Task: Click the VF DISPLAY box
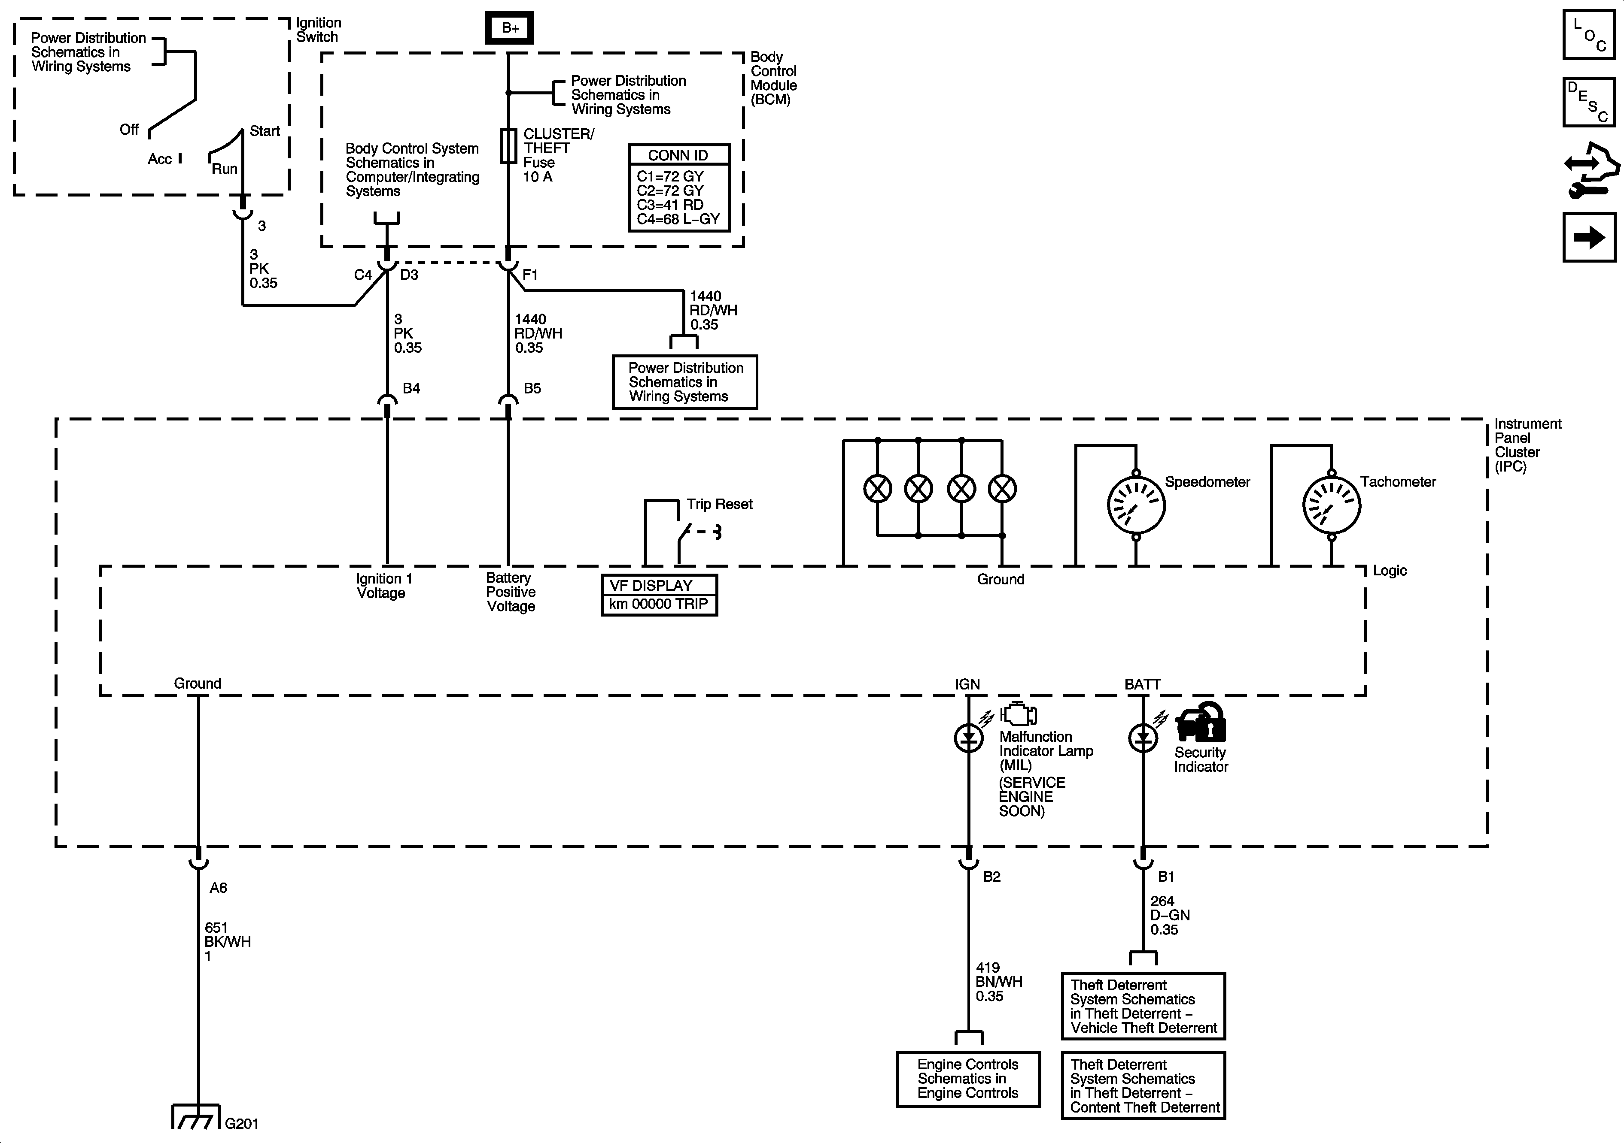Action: click(659, 595)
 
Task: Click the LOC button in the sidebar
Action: click(1589, 34)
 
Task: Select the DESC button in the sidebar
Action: click(1589, 102)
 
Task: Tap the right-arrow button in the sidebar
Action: click(1589, 238)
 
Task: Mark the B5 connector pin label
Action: click(532, 388)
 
